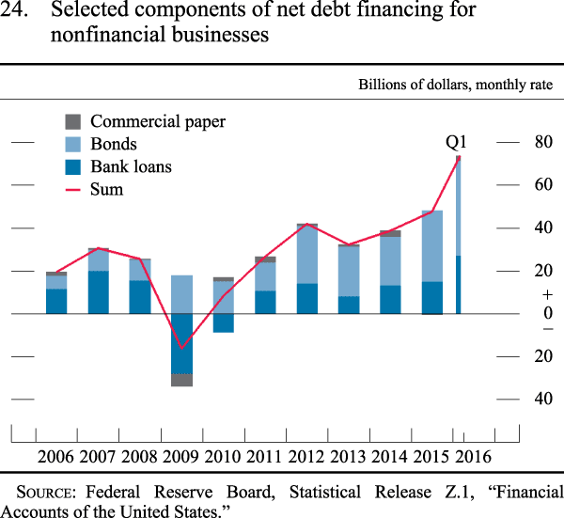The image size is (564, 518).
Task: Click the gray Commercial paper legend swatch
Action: [x=72, y=121]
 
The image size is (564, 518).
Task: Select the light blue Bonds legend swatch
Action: [x=72, y=144]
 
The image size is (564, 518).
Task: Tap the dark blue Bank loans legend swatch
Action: [x=72, y=167]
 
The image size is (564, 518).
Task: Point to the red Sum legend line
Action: [x=72, y=190]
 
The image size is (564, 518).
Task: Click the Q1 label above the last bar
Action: [x=456, y=143]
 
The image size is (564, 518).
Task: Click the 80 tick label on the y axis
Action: [x=543, y=142]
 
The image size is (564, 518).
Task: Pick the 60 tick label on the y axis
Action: [x=543, y=184]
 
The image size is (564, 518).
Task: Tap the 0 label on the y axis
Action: [x=548, y=313]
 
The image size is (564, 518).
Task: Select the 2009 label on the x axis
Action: [x=180, y=457]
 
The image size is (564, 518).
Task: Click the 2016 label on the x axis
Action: [x=474, y=457]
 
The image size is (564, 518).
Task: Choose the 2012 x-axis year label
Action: [x=306, y=457]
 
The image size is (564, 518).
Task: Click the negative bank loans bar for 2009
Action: [x=181, y=344]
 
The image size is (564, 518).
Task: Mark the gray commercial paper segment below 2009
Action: [x=181, y=380]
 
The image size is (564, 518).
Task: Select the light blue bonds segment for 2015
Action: [x=432, y=246]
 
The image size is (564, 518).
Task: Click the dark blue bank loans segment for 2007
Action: [x=99, y=292]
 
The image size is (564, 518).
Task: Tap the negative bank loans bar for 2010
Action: [x=224, y=323]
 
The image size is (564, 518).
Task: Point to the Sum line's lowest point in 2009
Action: [x=181, y=349]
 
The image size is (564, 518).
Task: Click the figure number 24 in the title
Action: [x=14, y=9]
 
